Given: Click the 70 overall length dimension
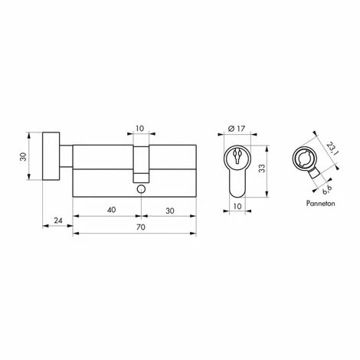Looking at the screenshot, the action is pyautogui.click(x=141, y=227).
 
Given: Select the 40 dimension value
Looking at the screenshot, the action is pyautogui.click(x=112, y=210).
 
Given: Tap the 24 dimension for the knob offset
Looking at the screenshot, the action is pyautogui.click(x=58, y=221).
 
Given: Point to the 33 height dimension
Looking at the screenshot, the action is pyautogui.click(x=262, y=169).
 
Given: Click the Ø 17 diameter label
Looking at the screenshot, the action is pyautogui.click(x=236, y=129).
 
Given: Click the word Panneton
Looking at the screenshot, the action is pyautogui.click(x=320, y=204).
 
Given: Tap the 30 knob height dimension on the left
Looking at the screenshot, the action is pyautogui.click(x=23, y=156).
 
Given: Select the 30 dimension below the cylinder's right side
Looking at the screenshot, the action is pyautogui.click(x=170, y=211).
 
